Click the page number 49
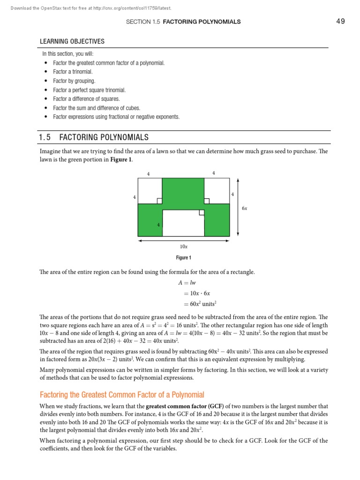(x=340, y=21)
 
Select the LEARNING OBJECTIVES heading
(x=72, y=42)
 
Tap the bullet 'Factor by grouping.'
(x=74, y=81)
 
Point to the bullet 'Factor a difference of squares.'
(x=86, y=99)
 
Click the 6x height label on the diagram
(x=245, y=208)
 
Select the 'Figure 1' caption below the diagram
(x=183, y=258)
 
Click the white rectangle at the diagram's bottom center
(x=183, y=223)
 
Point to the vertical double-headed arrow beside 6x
(x=239, y=207)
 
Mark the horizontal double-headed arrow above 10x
(x=183, y=240)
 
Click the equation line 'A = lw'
(x=187, y=283)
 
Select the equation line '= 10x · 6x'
(x=194, y=293)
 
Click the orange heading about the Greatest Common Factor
(x=122, y=395)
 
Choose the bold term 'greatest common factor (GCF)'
(x=185, y=406)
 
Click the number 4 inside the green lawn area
(x=158, y=225)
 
